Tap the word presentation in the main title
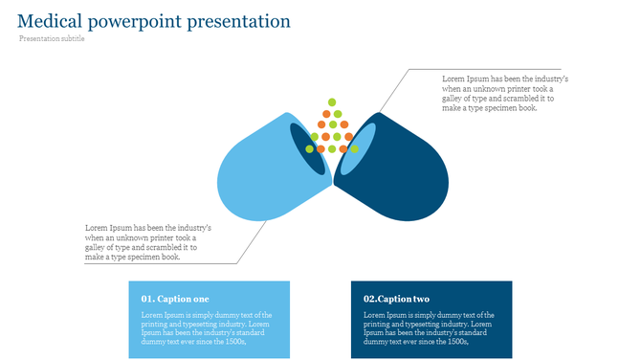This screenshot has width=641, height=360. (x=237, y=21)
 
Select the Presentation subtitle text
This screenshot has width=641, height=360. (x=52, y=39)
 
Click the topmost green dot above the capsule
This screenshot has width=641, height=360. (x=332, y=101)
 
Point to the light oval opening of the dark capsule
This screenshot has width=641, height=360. (x=356, y=148)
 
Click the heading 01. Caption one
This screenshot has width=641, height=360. (x=175, y=300)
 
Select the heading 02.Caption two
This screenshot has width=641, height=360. (x=396, y=300)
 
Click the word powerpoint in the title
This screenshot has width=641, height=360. (x=137, y=21)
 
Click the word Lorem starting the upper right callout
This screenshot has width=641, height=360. (x=453, y=79)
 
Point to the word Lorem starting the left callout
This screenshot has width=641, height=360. (x=97, y=228)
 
